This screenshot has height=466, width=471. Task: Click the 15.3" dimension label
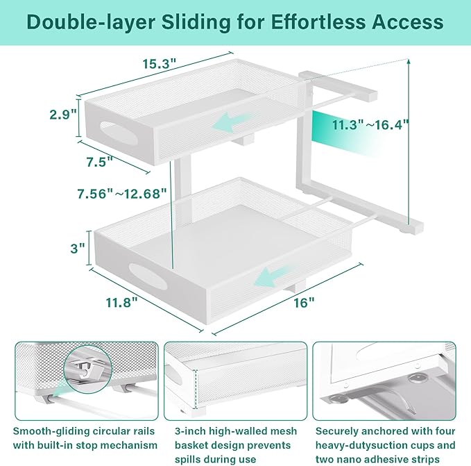(x=158, y=63)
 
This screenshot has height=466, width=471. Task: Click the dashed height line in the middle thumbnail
(x=196, y=390)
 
